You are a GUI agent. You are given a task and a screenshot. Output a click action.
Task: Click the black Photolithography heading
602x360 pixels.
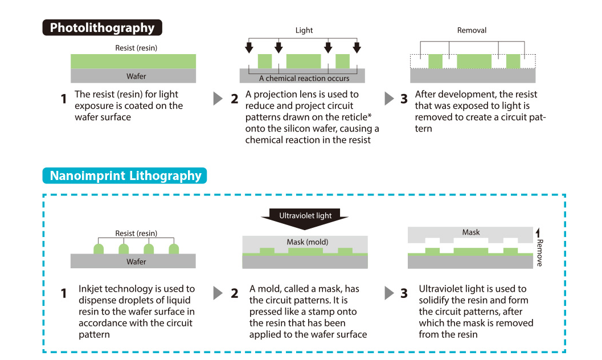[x=102, y=28]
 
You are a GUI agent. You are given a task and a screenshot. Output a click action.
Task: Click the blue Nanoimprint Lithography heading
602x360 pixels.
[x=125, y=175]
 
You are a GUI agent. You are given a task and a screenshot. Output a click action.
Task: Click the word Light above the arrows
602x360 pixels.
[x=304, y=30]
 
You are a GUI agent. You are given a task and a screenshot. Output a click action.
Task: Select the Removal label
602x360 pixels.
[x=472, y=30]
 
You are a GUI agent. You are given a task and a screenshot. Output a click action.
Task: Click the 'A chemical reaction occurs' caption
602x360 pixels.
[x=304, y=79]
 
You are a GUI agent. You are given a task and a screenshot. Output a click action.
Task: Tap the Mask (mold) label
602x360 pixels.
[x=307, y=242]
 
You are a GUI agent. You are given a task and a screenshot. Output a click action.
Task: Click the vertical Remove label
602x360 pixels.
[x=539, y=252]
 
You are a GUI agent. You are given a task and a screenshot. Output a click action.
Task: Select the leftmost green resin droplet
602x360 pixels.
[x=99, y=249]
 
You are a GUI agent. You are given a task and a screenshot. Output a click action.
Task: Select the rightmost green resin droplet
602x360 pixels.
[x=174, y=249]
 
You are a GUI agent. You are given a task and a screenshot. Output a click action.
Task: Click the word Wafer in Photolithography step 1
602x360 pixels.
[x=136, y=76]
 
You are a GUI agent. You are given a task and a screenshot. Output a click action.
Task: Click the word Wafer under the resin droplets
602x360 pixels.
[x=136, y=261]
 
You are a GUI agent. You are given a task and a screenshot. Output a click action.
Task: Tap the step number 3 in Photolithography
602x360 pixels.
[x=404, y=99]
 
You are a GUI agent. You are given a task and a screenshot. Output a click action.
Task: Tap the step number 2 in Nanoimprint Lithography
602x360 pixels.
[x=235, y=293]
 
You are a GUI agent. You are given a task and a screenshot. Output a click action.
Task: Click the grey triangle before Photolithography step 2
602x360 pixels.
[x=218, y=98]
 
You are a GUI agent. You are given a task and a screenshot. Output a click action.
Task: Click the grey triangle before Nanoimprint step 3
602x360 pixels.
[x=389, y=293]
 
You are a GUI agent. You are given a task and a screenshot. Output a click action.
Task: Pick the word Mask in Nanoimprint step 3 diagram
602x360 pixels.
[x=471, y=232]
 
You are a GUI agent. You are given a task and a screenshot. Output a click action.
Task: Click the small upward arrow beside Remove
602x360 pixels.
[x=538, y=232]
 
